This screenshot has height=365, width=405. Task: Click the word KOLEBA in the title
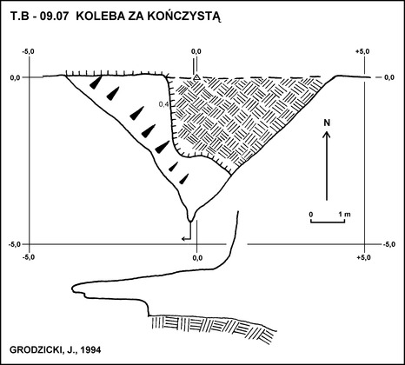pos(97,17)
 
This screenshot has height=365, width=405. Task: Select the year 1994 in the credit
pos(91,350)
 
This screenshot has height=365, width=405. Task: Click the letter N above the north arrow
pos(327,123)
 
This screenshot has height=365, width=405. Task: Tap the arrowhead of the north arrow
pos(327,134)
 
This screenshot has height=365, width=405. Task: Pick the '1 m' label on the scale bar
pos(345,215)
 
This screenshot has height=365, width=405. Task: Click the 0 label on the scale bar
pos(311,215)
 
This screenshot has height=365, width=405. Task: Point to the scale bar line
pos(328,222)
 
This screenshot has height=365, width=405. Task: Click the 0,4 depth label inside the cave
pos(163,104)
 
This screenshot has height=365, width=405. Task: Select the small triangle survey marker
pos(196,77)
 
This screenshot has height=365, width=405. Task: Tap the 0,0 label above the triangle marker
pos(196,51)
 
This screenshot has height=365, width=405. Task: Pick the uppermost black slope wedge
pos(96,83)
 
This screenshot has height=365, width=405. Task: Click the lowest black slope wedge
pos(184,179)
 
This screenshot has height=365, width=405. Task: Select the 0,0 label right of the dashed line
pos(389,77)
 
